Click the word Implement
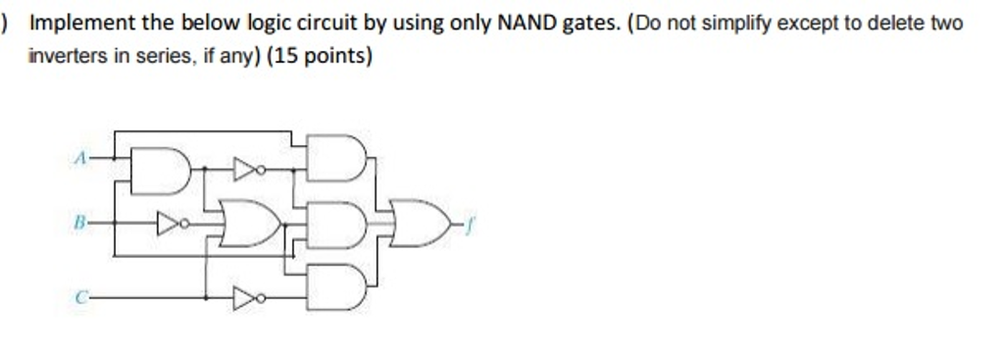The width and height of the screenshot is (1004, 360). [78, 23]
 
